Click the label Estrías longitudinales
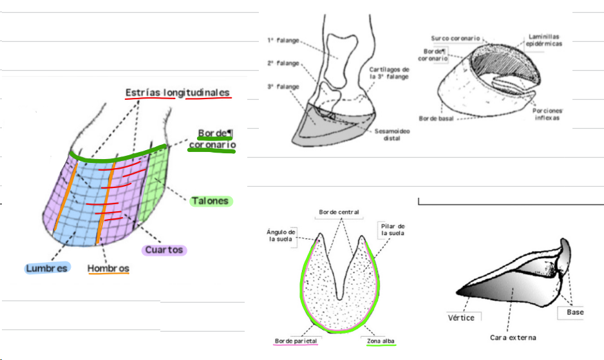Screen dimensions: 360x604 (x=177, y=93)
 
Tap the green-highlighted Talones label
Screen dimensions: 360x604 (x=210, y=201)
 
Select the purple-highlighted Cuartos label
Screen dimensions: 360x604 (x=164, y=250)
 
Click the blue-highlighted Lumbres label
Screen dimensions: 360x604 (x=46, y=267)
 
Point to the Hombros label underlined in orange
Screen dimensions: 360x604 (x=108, y=268)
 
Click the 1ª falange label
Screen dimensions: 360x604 (x=283, y=40)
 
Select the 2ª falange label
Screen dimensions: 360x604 (x=283, y=63)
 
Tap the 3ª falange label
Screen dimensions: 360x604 (x=283, y=86)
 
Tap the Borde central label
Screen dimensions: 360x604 (x=339, y=212)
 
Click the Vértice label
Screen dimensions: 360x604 (x=461, y=317)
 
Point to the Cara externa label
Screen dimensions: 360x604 (x=513, y=337)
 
